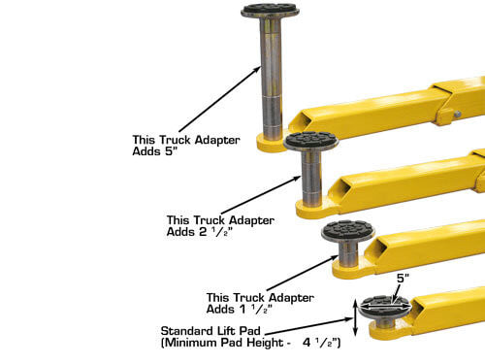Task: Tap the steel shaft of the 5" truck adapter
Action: pos(271,80)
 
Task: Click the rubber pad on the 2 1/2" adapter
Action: pos(311,140)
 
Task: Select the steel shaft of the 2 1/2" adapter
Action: pos(311,179)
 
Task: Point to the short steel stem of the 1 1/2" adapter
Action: pos(348,253)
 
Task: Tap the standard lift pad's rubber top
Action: pos(386,303)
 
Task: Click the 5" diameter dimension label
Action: pos(403,279)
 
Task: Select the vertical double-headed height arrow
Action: pos(355,317)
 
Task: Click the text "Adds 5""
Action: pos(155,151)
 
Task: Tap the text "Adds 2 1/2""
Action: pos(200,232)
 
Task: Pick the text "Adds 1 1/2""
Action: pos(240,310)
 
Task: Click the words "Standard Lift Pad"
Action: pos(210,331)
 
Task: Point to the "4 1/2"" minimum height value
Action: pos(320,343)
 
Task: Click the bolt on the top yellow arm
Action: pos(457,114)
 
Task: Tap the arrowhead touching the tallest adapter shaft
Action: pos(258,69)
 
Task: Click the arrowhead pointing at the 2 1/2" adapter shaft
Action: pos(298,178)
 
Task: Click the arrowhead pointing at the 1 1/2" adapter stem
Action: pos(335,257)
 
